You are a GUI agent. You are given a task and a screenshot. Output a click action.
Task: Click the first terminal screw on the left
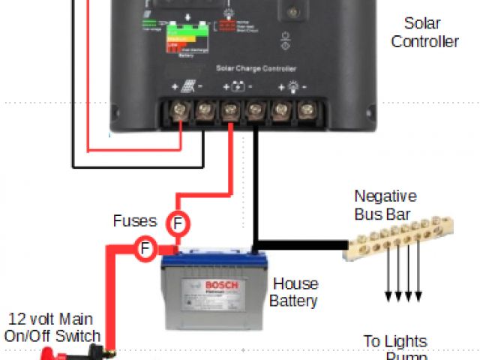[181, 112]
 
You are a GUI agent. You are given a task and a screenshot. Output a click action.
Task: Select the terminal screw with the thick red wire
[230, 112]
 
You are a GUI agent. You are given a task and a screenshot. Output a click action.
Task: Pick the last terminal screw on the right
[305, 112]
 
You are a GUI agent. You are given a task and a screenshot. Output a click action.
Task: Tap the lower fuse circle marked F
[145, 247]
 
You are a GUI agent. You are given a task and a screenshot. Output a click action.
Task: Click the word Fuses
[135, 221]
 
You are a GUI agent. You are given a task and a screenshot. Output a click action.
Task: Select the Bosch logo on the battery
[222, 286]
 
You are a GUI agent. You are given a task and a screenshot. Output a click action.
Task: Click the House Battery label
[294, 292]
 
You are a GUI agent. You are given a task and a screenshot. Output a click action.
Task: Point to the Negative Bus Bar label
[385, 205]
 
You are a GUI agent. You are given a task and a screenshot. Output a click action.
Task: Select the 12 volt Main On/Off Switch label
[52, 328]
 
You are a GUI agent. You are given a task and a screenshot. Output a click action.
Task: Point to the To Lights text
[395, 341]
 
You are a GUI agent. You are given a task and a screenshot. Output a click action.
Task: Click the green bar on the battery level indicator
[179, 31]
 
